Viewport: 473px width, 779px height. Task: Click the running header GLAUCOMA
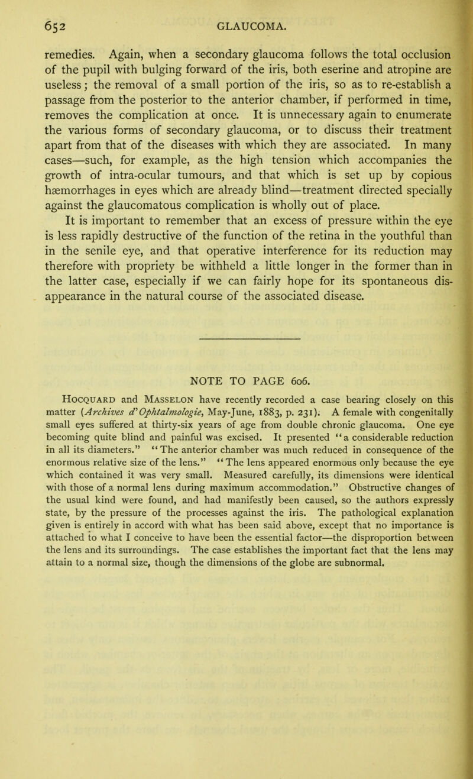pos(253,25)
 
